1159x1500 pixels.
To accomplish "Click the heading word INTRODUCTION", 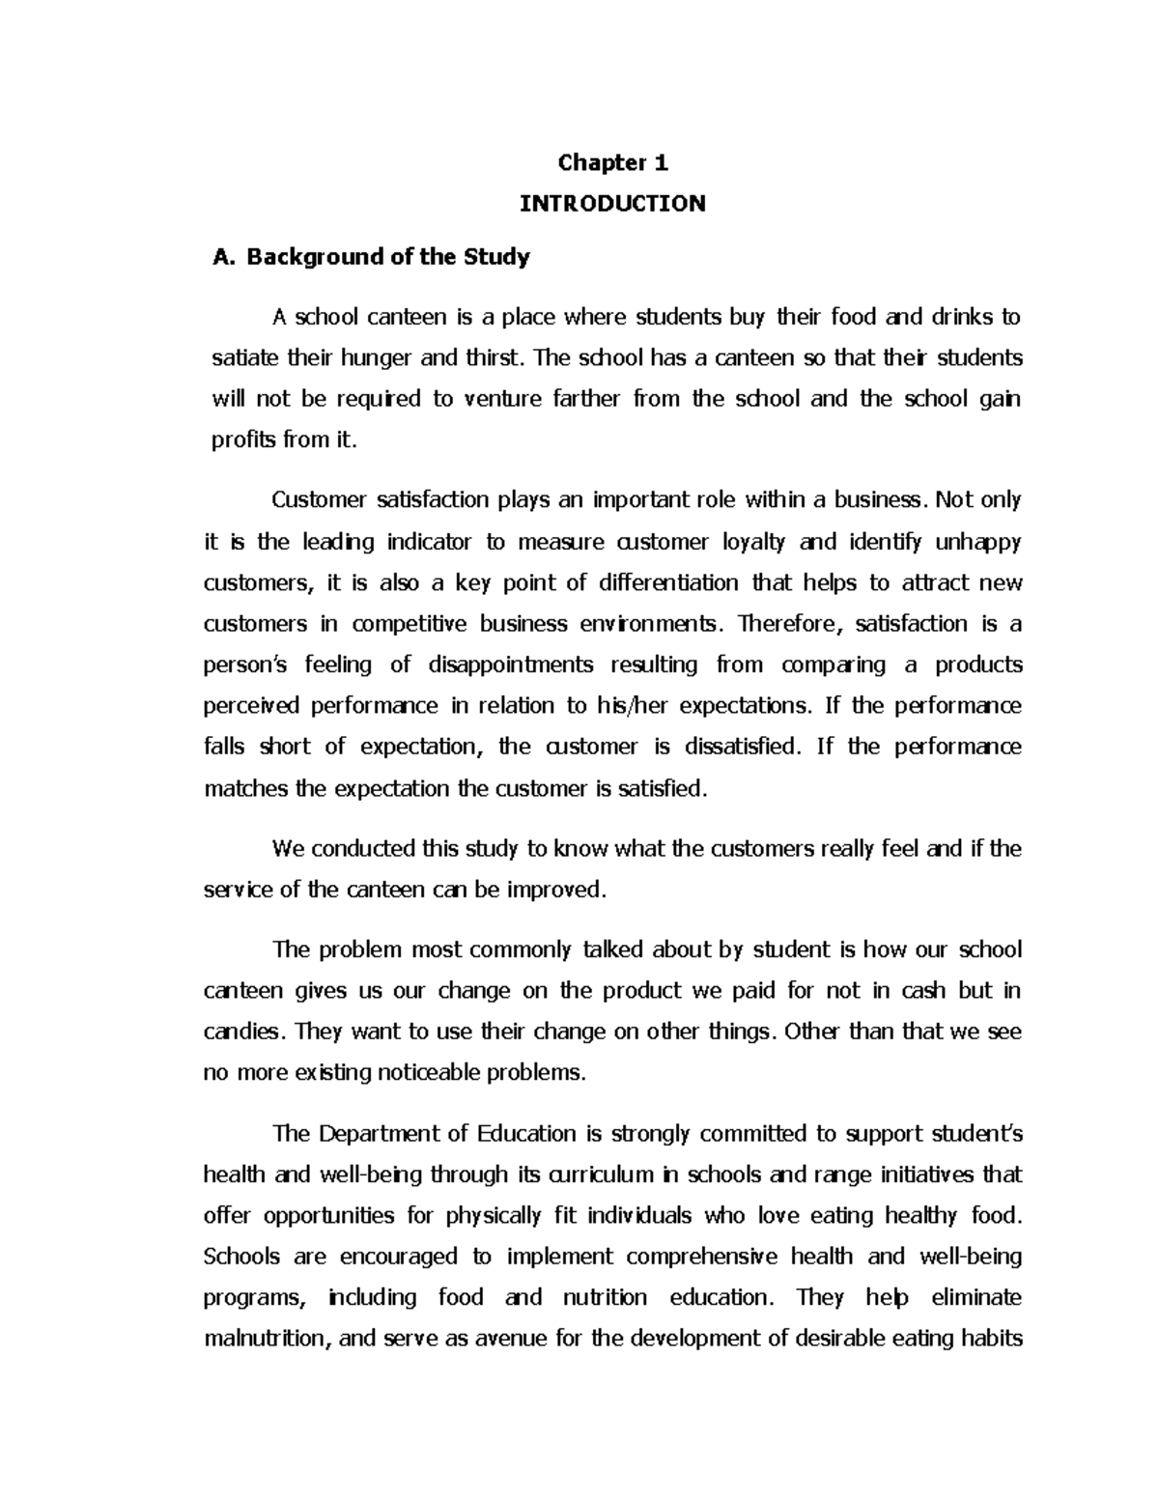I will point(612,204).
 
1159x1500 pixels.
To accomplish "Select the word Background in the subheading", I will point(306,257).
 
